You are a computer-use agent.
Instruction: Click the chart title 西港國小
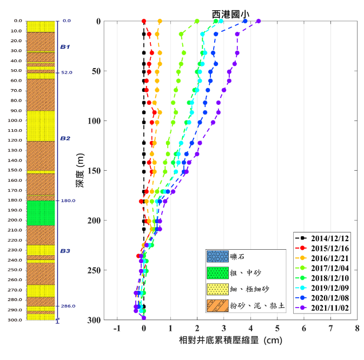click(230, 14)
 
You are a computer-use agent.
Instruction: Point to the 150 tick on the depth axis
click(95, 171)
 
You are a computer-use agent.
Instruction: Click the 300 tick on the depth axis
click(95, 320)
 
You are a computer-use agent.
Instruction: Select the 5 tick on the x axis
click(277, 328)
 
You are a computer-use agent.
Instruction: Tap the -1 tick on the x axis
click(117, 328)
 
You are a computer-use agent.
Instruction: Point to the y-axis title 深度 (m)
click(80, 171)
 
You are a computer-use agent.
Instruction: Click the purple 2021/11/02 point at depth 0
click(259, 21)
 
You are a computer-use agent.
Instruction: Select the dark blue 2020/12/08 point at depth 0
click(245, 21)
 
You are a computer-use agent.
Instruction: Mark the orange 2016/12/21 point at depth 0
click(160, 21)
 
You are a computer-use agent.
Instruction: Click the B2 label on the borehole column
click(65, 138)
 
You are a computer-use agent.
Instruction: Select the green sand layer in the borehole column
click(41, 213)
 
